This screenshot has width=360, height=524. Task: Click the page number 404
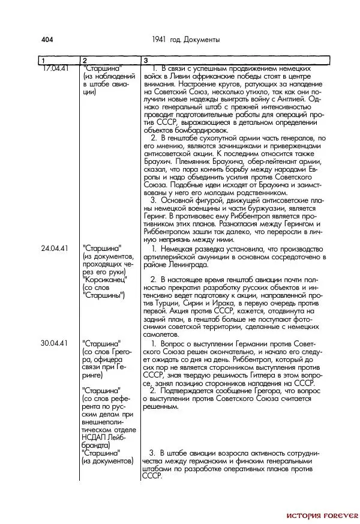[x=47, y=40]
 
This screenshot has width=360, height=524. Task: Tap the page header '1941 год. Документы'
[x=187, y=40]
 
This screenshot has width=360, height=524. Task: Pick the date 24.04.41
[x=54, y=248]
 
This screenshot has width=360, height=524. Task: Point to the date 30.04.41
[x=54, y=343]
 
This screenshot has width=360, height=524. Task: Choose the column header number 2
[x=85, y=61]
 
